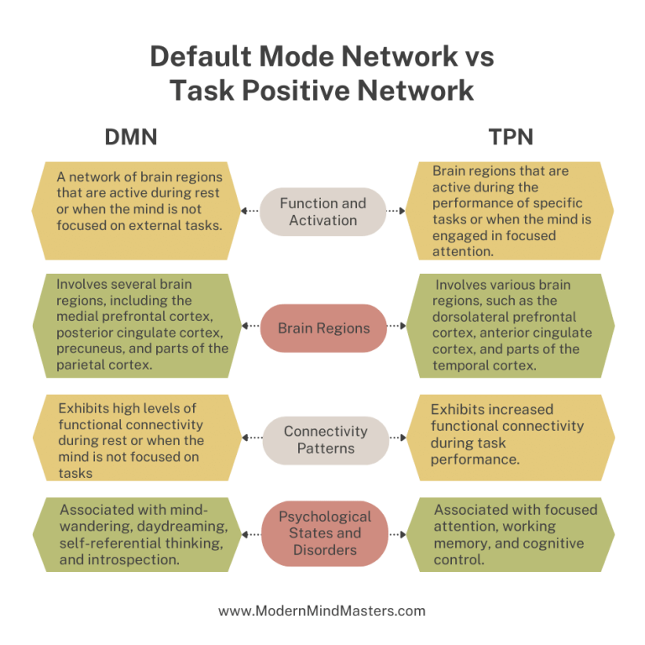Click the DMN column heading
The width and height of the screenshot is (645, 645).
(x=130, y=137)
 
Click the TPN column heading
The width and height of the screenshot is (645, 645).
(x=511, y=137)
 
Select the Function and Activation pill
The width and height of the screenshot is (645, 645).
(x=322, y=212)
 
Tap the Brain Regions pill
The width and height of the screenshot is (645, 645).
(x=324, y=328)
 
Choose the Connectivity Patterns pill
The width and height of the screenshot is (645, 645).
(x=325, y=440)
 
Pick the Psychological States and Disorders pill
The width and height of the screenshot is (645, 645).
(x=324, y=533)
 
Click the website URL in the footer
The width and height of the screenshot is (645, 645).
(x=322, y=611)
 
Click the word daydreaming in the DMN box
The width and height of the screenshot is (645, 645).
(x=186, y=527)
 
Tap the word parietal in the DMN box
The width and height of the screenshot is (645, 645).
(x=85, y=365)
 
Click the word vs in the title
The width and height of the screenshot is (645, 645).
(x=475, y=57)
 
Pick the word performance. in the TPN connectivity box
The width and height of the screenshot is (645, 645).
(x=475, y=459)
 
